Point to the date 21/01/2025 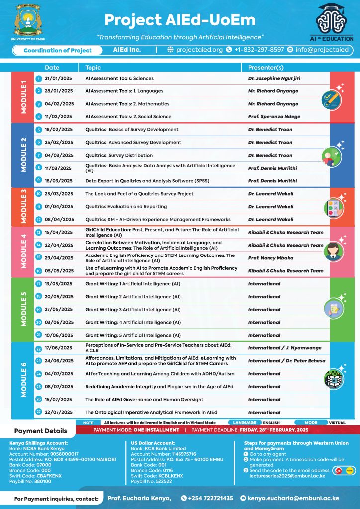(x=59, y=78)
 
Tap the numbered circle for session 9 (x=38, y=181)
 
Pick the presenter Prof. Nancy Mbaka (x=270, y=258)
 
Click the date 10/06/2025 (x=59, y=335)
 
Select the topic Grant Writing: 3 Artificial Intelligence (x=133, y=310)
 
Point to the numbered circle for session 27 (x=38, y=412)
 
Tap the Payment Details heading (x=40, y=431)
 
